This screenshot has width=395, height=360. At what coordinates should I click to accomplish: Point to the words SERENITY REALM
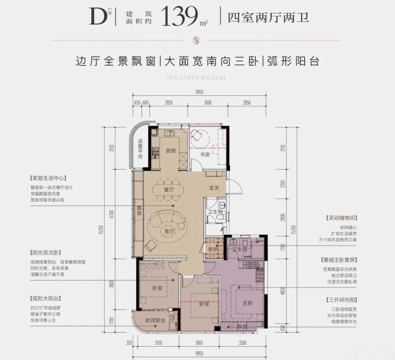pos(196,77)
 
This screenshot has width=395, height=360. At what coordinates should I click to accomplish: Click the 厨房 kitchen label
pos(170,151)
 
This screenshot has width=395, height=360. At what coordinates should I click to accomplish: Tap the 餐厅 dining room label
pos(169,189)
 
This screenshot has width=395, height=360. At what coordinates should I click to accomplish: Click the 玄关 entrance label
pos(215,187)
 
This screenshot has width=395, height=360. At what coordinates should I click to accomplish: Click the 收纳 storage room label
pos(213,249)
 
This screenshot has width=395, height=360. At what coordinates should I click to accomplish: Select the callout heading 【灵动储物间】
pos(341,218)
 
